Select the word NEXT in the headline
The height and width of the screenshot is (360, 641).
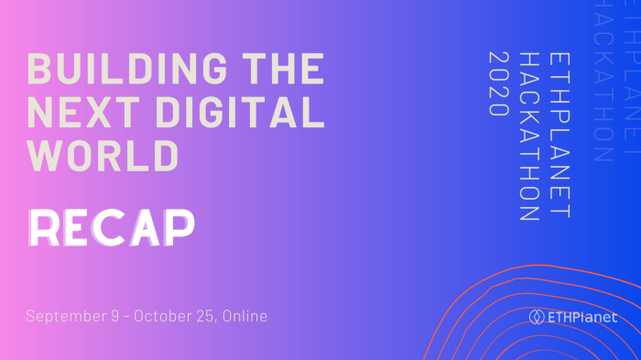[77, 113]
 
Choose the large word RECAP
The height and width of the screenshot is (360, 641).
[111, 228]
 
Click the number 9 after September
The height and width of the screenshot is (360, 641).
[116, 316]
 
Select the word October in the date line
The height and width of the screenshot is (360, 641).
[162, 316]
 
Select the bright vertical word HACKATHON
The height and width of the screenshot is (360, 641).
[528, 136]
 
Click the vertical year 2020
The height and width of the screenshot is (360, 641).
[499, 82]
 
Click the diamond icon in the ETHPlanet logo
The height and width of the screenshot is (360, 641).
[537, 317]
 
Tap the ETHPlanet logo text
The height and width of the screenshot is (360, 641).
[582, 317]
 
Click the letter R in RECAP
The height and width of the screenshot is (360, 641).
[46, 228]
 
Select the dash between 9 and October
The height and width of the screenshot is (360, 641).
[127, 317]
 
